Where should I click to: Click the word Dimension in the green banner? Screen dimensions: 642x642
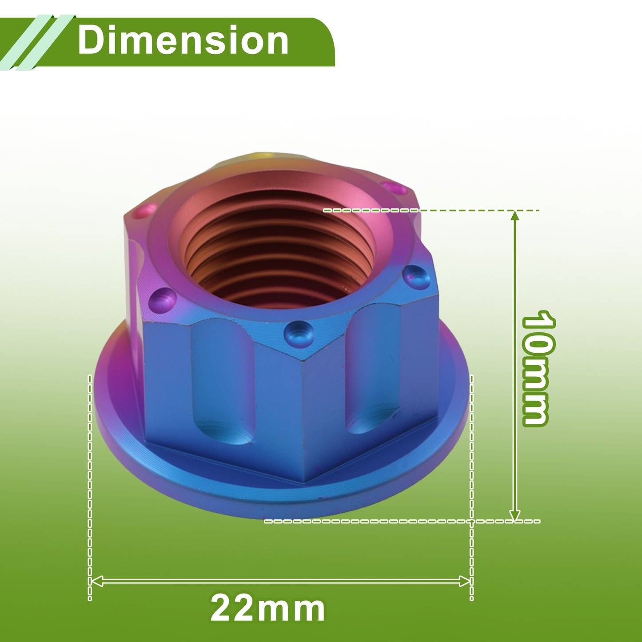click(x=183, y=40)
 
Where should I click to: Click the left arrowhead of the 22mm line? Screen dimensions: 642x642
click(x=96, y=581)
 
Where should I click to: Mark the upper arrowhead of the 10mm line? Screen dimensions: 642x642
click(x=515, y=216)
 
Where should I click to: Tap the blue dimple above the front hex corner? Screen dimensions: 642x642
click(x=299, y=334)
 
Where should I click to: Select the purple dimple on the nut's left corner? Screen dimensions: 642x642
click(x=162, y=300)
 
